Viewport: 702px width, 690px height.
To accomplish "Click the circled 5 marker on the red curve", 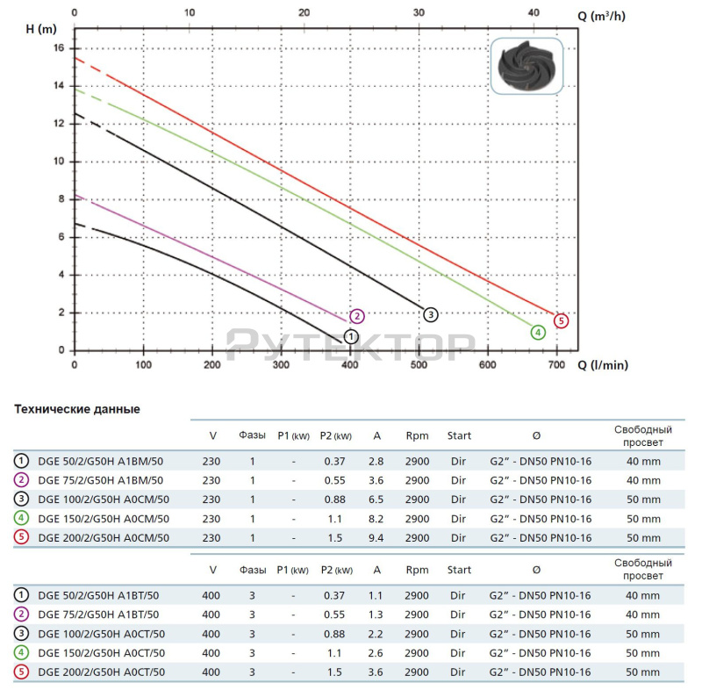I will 562,321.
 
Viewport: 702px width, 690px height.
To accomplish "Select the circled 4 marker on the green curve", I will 537,332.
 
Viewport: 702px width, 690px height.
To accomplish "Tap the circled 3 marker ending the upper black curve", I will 430,314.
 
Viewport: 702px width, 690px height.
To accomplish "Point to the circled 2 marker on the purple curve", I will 356,316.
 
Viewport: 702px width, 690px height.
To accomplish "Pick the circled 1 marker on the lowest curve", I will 351,336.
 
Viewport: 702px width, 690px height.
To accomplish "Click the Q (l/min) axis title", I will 602,365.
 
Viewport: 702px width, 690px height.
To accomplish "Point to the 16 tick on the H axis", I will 60,48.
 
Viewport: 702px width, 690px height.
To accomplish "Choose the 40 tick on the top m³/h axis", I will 534,14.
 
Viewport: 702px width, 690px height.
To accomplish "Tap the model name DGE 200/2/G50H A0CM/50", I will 103,538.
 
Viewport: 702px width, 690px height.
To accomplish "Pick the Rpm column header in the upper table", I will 418,435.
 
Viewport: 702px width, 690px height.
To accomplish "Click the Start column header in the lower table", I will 459,570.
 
